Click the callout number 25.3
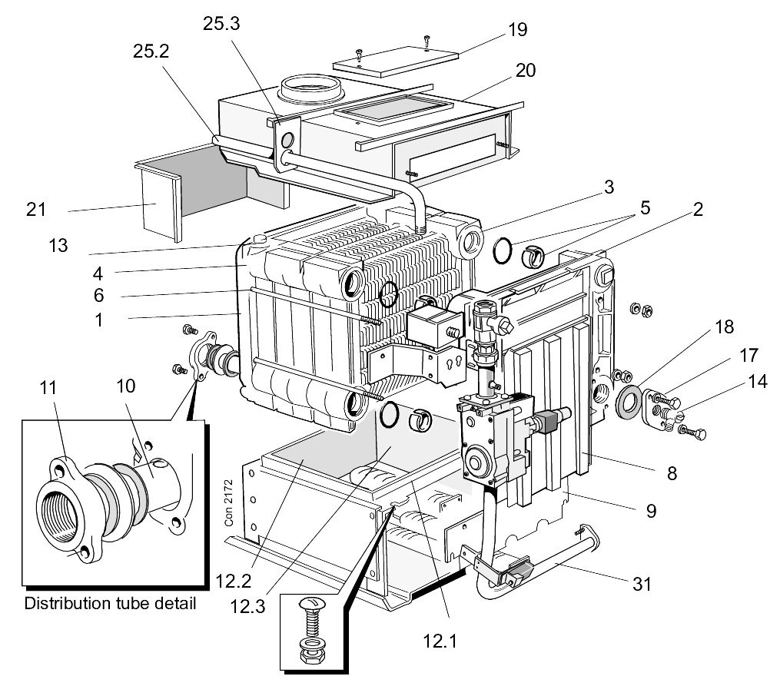tap(221, 23)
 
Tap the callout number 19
tap(517, 30)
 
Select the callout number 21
tap(36, 209)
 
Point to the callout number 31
tap(642, 584)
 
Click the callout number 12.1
tap(440, 641)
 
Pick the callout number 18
tap(724, 326)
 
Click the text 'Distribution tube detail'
tap(110, 604)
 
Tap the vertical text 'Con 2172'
tap(229, 502)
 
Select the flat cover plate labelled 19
tap(396, 61)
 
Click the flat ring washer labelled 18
tap(629, 401)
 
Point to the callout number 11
tap(48, 388)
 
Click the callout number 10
tap(126, 386)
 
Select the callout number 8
tap(672, 473)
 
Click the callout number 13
tap(58, 245)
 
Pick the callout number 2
tap(698, 209)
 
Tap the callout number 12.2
tap(234, 581)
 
